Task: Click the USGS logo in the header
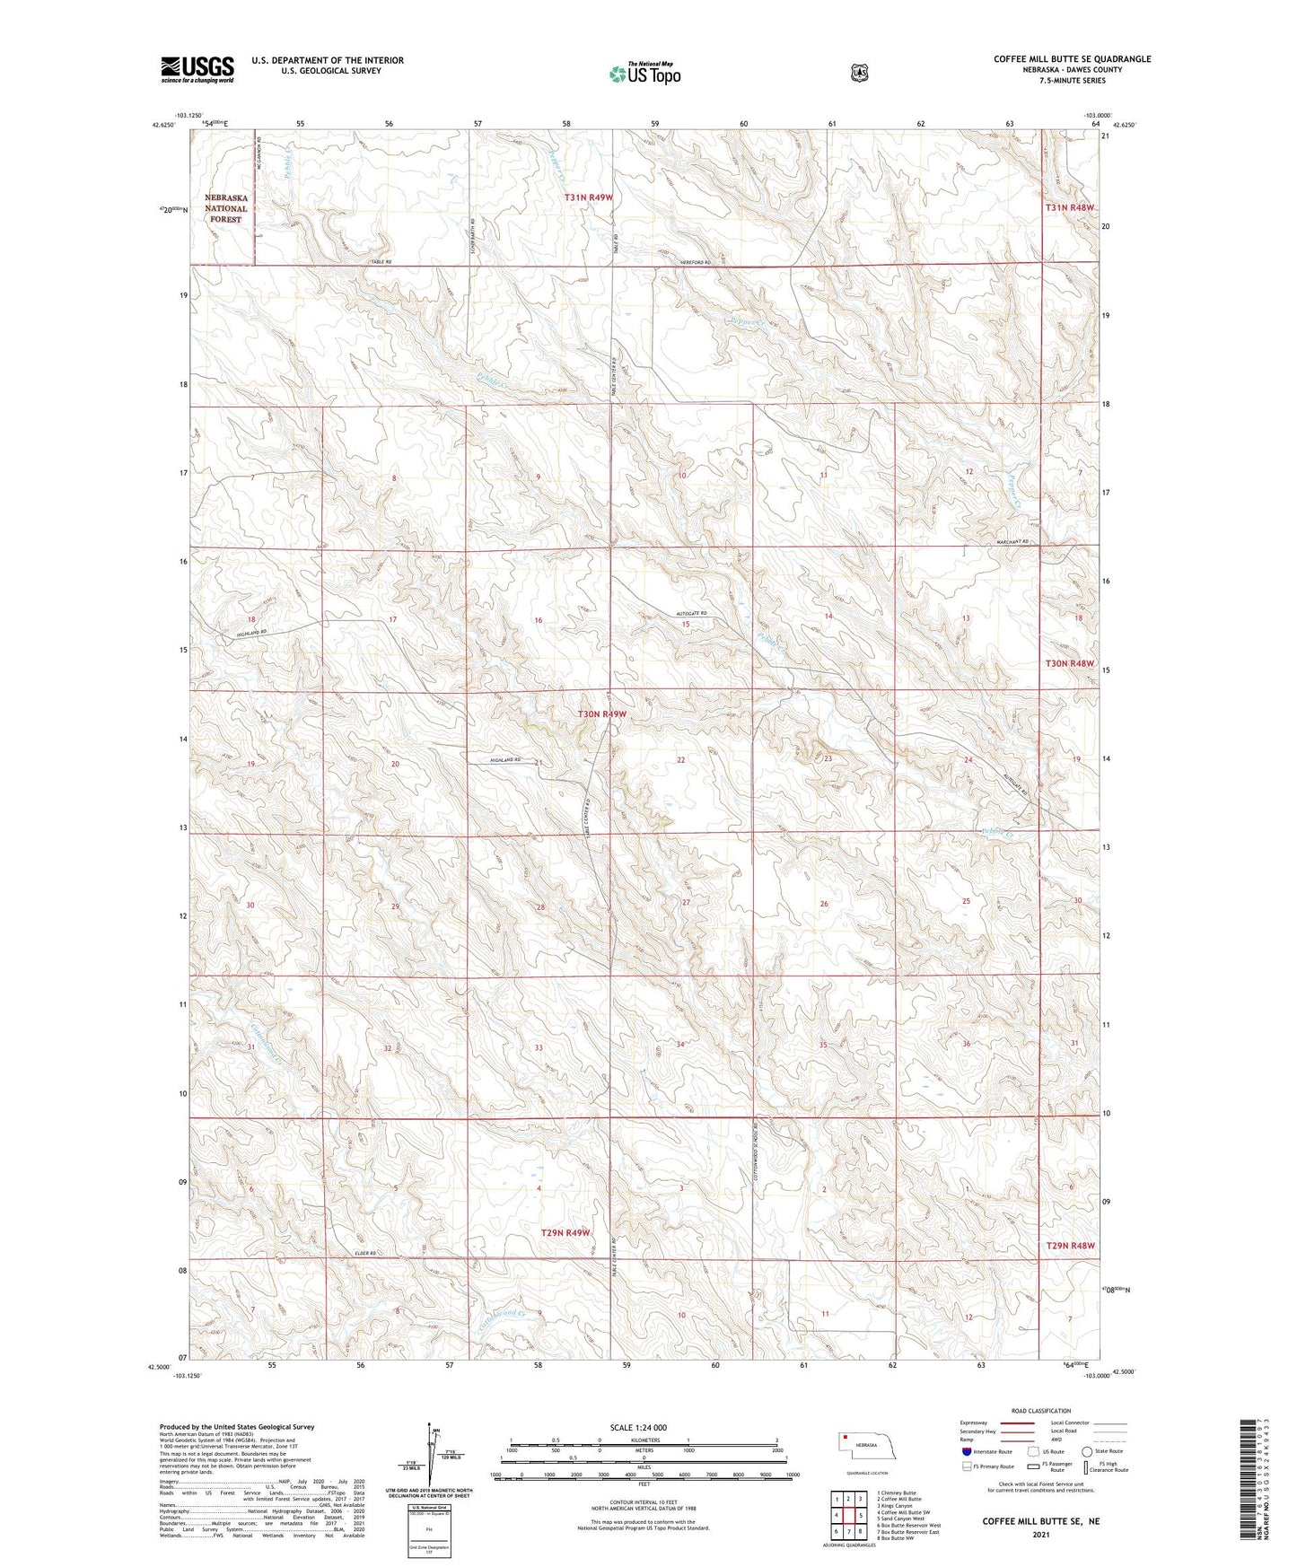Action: [197, 69]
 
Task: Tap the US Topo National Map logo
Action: [644, 74]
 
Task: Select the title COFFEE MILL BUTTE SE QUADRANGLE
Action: [1072, 59]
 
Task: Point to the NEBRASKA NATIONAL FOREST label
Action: [225, 208]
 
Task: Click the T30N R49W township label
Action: [600, 714]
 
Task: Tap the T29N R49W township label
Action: [565, 1232]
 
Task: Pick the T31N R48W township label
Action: [1070, 207]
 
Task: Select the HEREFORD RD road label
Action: [694, 262]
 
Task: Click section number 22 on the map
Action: [681, 760]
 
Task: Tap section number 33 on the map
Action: [539, 1047]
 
